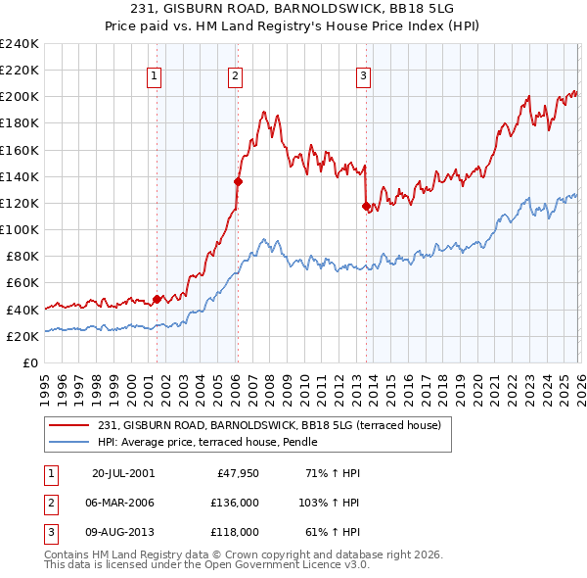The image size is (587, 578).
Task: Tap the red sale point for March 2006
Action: [x=238, y=181]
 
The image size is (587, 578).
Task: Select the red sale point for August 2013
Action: [x=366, y=206]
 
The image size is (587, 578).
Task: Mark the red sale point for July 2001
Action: [x=158, y=299]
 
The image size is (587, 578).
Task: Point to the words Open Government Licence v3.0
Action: [x=292, y=565]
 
